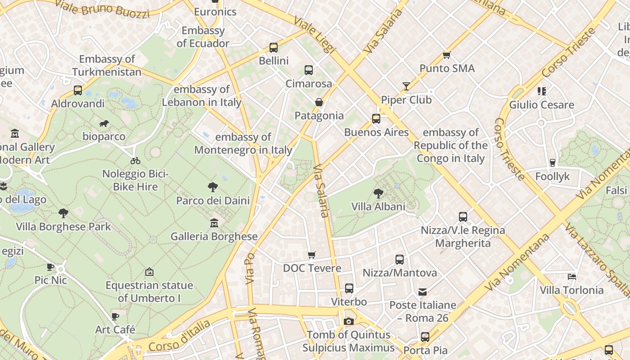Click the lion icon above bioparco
103,123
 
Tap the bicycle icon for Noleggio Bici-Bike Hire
135,161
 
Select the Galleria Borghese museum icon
214,223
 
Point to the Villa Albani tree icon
378,193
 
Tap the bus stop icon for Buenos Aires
376,119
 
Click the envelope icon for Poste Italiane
423,292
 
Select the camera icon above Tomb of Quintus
348,321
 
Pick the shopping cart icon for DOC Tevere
311,255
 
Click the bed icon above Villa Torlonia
571,276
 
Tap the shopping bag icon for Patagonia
319,102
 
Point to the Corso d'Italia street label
179,336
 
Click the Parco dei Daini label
213,200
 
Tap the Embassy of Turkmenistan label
107,65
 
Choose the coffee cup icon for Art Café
115,316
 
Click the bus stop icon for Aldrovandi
78,90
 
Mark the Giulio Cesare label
541,105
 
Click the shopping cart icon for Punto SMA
446,55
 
